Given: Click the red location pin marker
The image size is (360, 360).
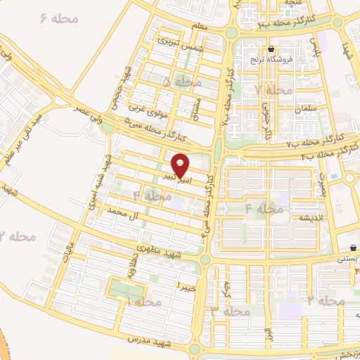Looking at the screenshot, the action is pos(181,165).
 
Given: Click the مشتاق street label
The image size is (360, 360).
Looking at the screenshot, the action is pos(195,107).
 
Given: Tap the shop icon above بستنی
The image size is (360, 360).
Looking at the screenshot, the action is pos(353,247).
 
